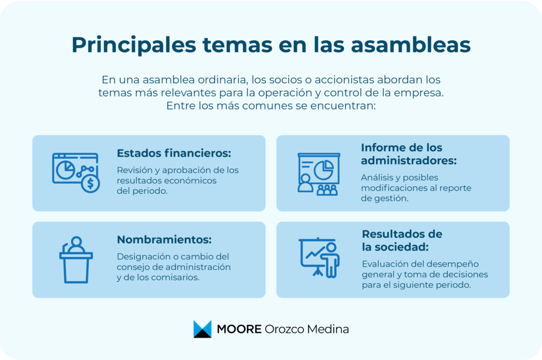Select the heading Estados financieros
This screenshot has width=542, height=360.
click(174, 154)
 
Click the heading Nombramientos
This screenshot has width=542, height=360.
click(164, 239)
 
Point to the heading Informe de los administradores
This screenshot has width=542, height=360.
click(409, 154)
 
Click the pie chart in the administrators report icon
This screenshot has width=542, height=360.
click(323, 169)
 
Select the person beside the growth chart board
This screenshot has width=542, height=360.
click(331, 259)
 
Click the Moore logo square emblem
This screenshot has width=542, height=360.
click(202, 329)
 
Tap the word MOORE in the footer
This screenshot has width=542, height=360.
click(239, 329)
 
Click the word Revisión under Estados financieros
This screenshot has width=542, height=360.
click(134, 170)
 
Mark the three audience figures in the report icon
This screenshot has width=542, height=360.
click(327, 190)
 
